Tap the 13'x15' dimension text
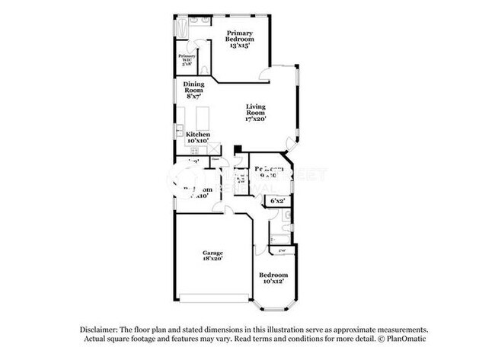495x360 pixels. [239, 46]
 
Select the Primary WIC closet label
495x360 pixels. [187, 59]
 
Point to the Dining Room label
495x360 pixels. [193, 87]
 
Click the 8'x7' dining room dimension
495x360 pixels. [193, 97]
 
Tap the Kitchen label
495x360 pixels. [198, 134]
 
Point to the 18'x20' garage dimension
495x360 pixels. [212, 260]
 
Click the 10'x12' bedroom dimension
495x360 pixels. [273, 282]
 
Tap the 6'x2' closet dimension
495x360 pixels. [277, 201]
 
